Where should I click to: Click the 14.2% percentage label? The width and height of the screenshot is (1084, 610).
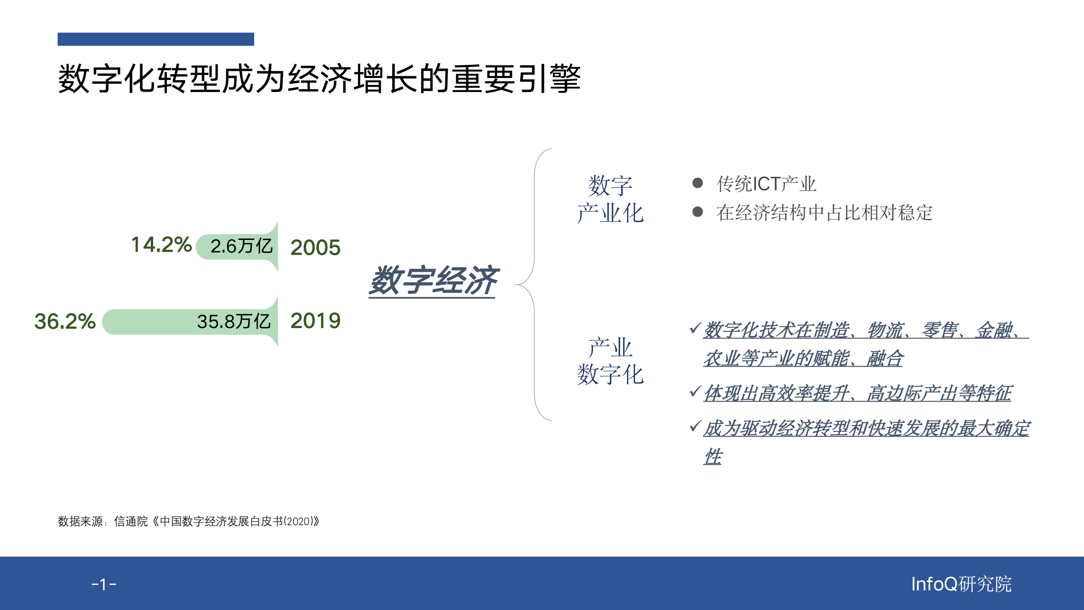point(161,245)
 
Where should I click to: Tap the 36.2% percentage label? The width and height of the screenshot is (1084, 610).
point(65,321)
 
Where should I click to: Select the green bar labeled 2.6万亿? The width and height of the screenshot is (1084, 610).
point(237,246)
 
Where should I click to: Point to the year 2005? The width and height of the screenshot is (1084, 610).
point(315,248)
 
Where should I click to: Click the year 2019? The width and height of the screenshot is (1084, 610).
point(315,321)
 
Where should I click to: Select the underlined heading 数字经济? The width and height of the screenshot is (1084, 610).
point(433,281)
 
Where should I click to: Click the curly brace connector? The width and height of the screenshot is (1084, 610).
point(534,284)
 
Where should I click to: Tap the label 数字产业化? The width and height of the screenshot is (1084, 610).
point(610,199)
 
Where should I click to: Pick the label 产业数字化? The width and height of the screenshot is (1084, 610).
point(610,361)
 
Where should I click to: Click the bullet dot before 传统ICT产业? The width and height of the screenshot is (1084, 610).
point(697,183)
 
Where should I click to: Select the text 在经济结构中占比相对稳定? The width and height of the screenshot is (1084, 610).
point(824,212)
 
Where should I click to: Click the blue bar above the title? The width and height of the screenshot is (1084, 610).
point(155,39)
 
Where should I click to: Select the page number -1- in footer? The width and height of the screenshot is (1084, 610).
point(104,585)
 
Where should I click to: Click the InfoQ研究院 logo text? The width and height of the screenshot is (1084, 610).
point(961,584)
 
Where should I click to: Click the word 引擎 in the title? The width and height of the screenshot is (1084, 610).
point(549,79)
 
